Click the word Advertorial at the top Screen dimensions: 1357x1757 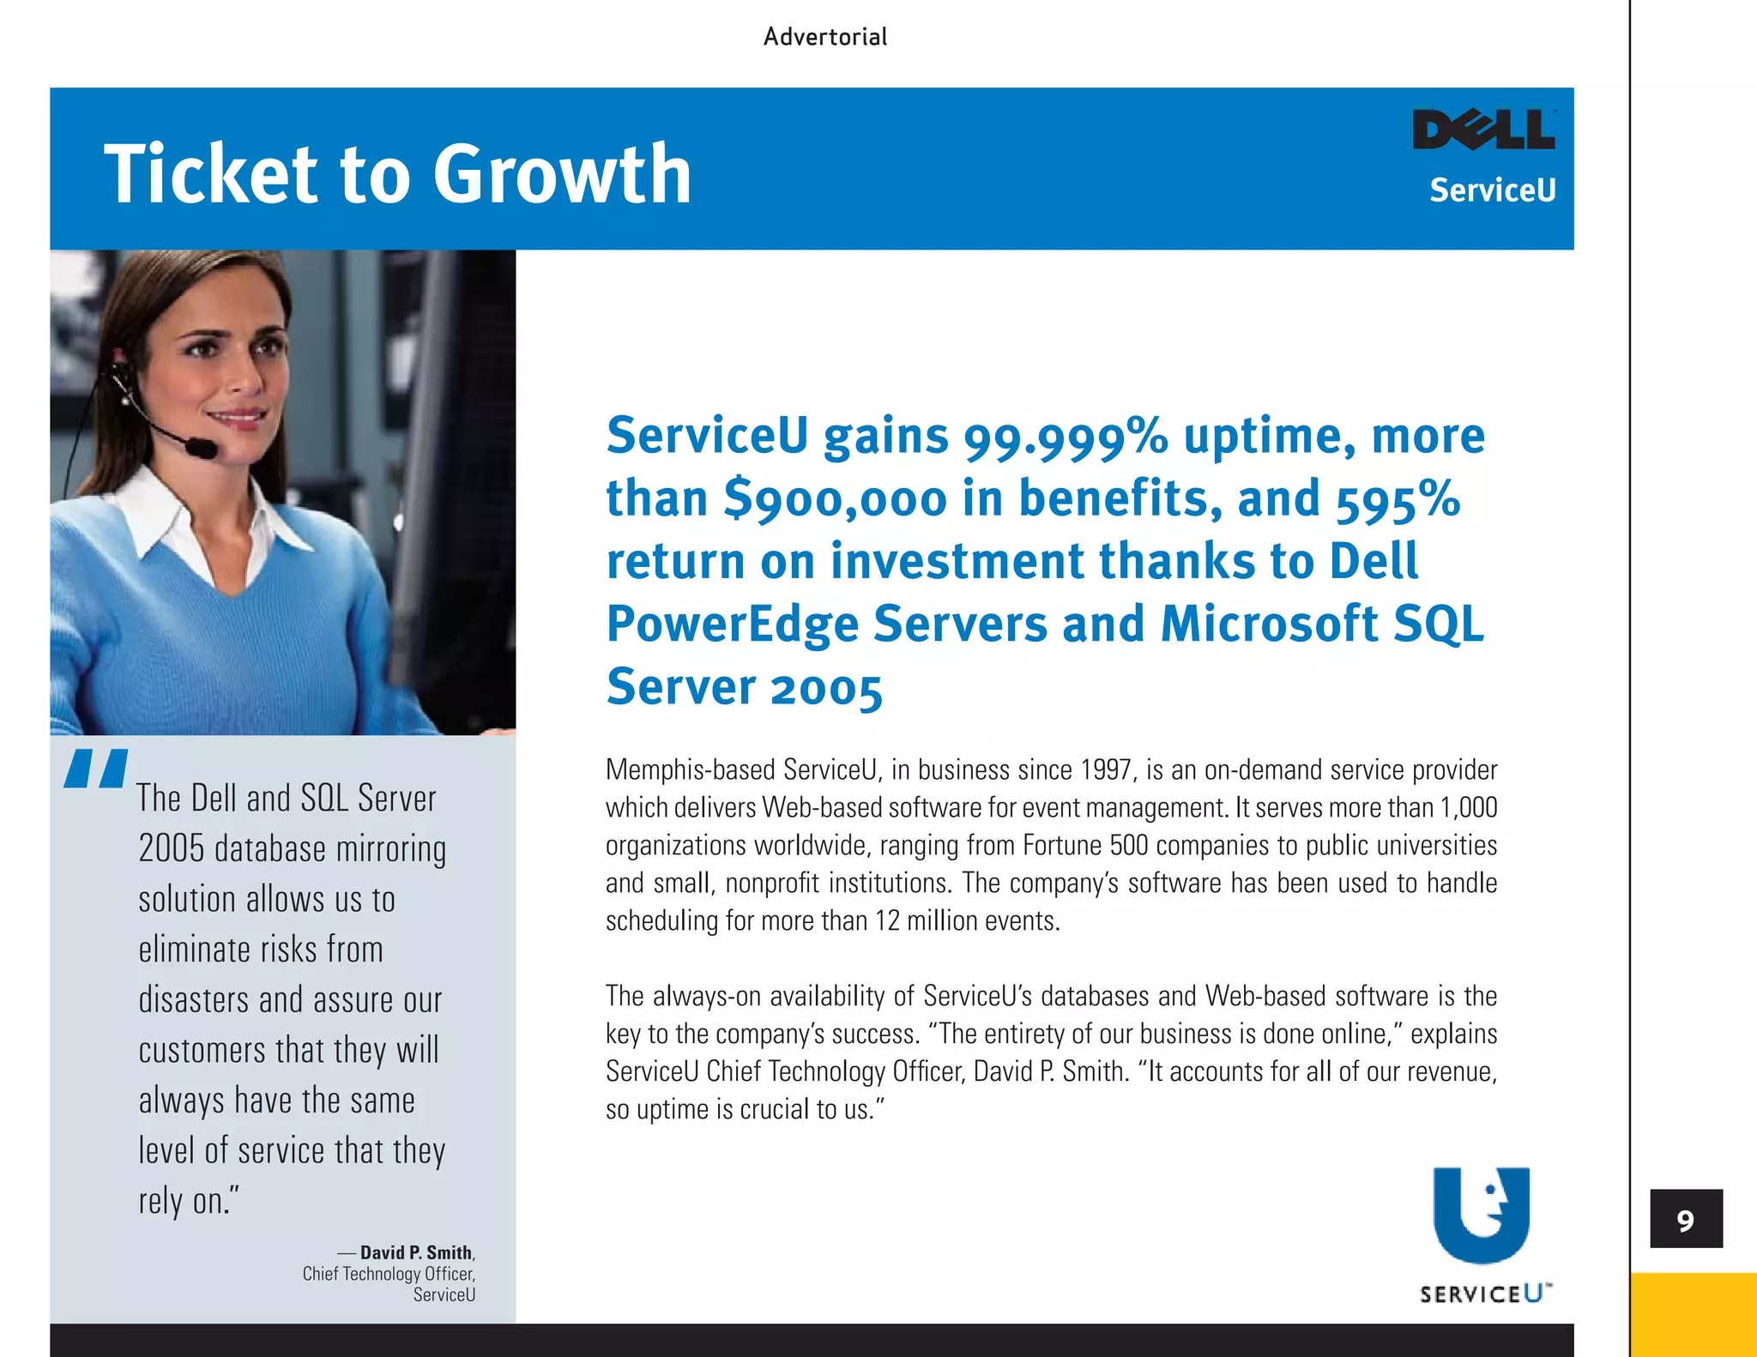pos(824,37)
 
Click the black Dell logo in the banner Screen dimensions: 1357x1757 pos(1483,130)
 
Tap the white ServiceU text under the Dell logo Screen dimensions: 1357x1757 pos(1492,190)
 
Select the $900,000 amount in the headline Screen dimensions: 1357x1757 pos(835,499)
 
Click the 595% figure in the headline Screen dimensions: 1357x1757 pos(1398,499)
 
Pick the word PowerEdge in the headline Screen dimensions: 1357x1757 pos(732,624)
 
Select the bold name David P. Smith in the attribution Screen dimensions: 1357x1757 pos(416,1252)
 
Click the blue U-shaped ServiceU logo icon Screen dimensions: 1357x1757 pos(1481,1214)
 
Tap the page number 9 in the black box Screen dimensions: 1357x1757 pos(1685,1220)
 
